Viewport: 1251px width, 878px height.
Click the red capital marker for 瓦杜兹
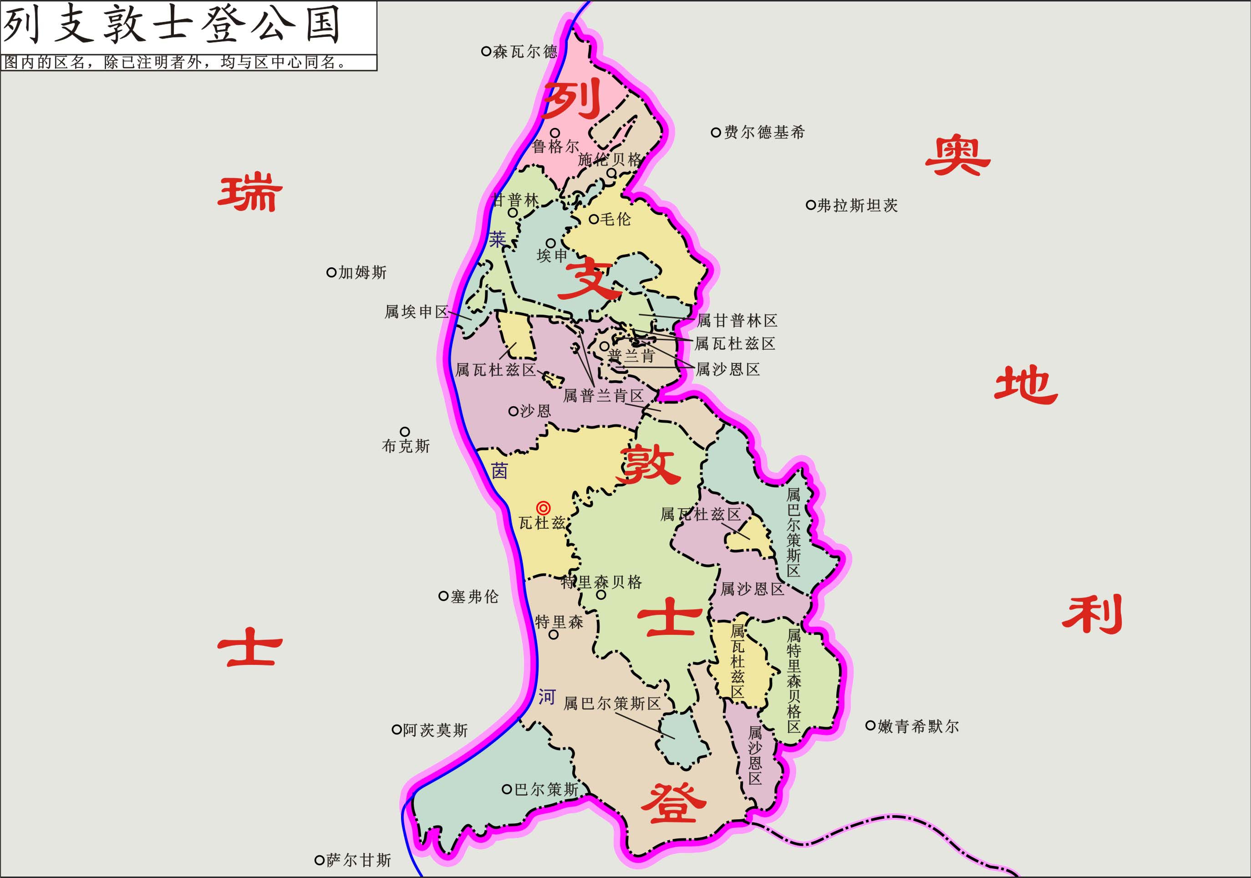(x=543, y=508)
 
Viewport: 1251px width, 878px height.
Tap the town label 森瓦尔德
(x=525, y=52)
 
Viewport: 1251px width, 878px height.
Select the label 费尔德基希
(x=764, y=133)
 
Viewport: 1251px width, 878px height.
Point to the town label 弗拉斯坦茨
(x=858, y=205)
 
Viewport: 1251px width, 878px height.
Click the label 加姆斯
(x=362, y=272)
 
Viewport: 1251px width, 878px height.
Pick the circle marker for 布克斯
(x=405, y=432)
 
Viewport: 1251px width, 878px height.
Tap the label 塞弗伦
(x=474, y=597)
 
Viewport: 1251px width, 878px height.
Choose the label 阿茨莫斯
(x=435, y=730)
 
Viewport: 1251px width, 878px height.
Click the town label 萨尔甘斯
(x=359, y=861)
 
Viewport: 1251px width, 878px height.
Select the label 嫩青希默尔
(x=918, y=726)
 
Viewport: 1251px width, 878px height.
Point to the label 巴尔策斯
(x=546, y=790)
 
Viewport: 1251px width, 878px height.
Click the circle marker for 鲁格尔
(x=554, y=133)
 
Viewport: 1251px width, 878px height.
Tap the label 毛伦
(x=615, y=219)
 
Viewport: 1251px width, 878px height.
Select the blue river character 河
(x=546, y=696)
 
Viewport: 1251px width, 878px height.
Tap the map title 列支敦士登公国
(x=172, y=26)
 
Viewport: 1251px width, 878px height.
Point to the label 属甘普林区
(x=737, y=321)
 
